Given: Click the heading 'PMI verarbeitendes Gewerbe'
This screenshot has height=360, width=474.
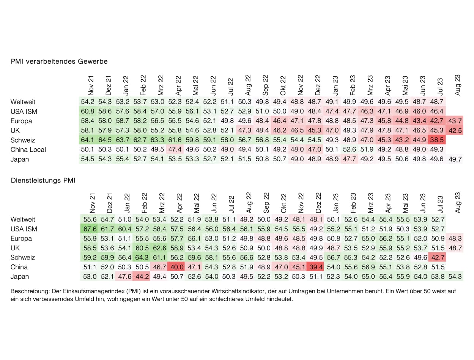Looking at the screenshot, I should (59, 61).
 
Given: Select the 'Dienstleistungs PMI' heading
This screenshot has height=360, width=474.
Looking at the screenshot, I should (43, 181).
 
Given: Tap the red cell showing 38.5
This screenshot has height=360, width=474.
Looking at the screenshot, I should (436, 140).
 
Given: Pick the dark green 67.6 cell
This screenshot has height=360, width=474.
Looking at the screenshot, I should (88, 229).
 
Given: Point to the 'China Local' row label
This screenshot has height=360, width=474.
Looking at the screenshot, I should (28, 150).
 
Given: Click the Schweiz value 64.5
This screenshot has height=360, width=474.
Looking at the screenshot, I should (106, 140).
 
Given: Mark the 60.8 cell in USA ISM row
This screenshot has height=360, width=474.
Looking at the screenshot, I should (88, 112).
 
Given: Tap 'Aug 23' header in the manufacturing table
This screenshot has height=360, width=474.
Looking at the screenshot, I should (457, 85).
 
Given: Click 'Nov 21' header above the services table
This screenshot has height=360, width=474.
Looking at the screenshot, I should (91, 203).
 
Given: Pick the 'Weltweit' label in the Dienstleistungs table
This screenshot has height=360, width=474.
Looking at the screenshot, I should (23, 220).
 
